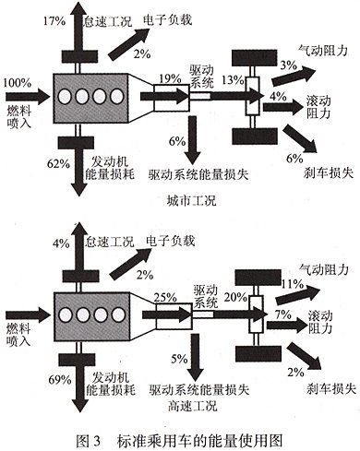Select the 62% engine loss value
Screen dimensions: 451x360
57,163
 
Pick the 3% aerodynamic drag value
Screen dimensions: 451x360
288,65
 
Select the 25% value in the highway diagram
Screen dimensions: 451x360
166,298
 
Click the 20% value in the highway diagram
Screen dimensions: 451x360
234,297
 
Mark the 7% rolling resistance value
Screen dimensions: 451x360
282,316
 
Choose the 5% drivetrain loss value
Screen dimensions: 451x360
177,359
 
